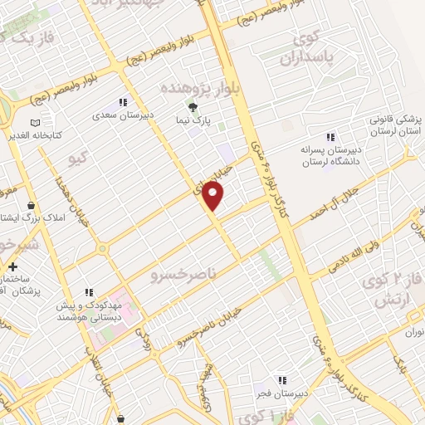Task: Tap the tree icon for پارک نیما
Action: pos(193,107)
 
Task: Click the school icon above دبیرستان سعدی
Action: pos(123,102)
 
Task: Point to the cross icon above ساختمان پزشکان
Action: pos(12,266)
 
